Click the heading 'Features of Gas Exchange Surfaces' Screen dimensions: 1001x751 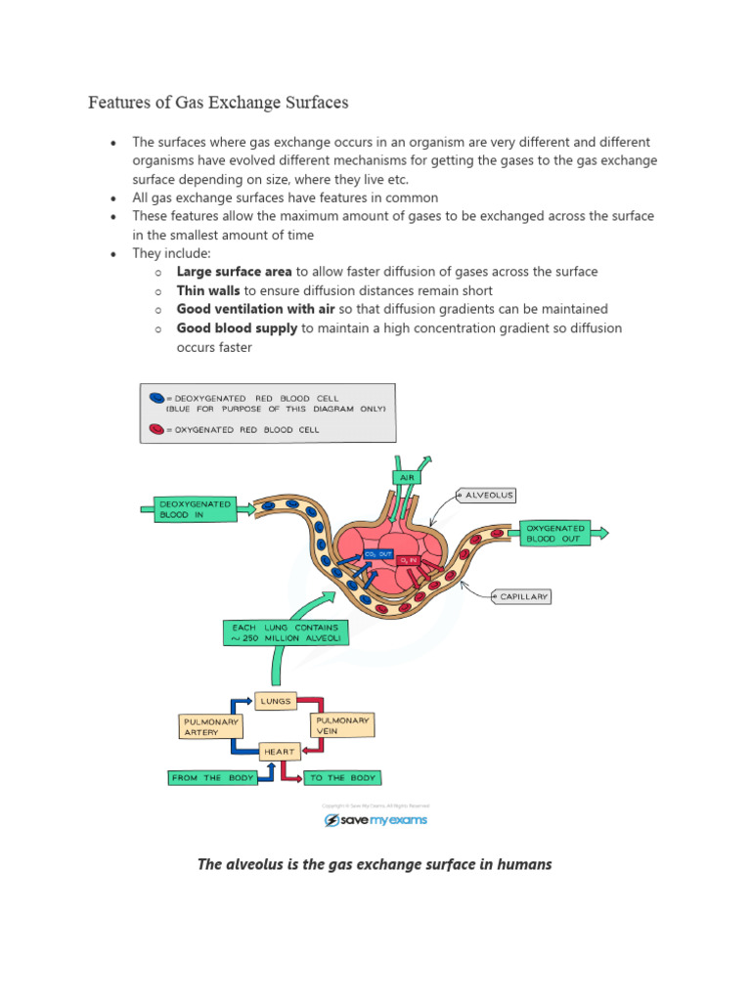point(218,102)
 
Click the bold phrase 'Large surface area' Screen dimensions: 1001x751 point(234,272)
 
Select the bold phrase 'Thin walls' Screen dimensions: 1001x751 point(208,290)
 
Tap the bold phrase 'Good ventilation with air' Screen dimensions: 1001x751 point(256,309)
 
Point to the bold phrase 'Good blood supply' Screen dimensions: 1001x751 point(237,327)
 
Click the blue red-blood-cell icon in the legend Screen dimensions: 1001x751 point(156,399)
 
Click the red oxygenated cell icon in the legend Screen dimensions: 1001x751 point(156,428)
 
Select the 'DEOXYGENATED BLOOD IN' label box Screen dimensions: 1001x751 point(196,509)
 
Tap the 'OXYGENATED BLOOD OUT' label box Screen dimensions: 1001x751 point(553,532)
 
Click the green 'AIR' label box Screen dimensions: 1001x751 point(406,477)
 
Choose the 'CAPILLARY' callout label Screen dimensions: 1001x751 point(524,595)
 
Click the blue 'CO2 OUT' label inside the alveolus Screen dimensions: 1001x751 point(377,554)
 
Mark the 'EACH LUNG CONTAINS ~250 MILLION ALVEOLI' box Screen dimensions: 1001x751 point(284,632)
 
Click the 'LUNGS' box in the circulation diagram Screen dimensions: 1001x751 point(275,701)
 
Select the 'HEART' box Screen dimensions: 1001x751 point(277,752)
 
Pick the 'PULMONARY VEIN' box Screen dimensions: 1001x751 point(342,725)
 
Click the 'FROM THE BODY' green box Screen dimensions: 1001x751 point(213,778)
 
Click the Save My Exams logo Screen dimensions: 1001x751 point(375,820)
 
